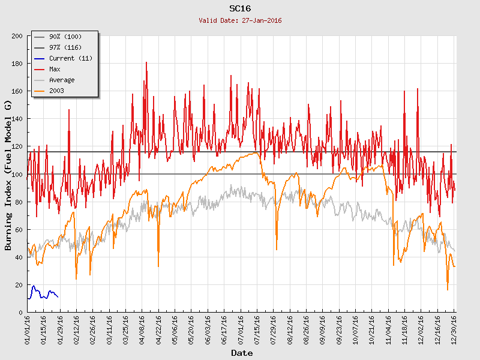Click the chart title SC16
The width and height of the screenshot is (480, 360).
click(240, 8)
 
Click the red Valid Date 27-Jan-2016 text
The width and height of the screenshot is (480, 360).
click(240, 20)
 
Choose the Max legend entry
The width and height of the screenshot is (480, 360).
click(55, 69)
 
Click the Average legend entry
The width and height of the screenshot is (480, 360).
click(62, 80)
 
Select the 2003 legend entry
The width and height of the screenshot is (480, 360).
click(56, 91)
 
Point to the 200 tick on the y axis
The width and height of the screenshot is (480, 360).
click(17, 36)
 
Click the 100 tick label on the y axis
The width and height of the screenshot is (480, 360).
click(17, 174)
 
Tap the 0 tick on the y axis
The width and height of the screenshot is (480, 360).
click(20, 312)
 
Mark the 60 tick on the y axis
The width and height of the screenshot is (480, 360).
click(19, 229)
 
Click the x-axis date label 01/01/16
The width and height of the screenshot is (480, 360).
click(28, 329)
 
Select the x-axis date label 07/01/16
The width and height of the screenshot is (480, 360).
click(241, 329)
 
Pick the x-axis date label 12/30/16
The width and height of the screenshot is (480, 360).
click(454, 329)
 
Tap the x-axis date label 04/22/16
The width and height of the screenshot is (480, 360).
click(158, 329)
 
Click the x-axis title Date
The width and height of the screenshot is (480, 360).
click(242, 353)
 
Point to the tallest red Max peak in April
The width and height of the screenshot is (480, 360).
click(146, 62)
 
